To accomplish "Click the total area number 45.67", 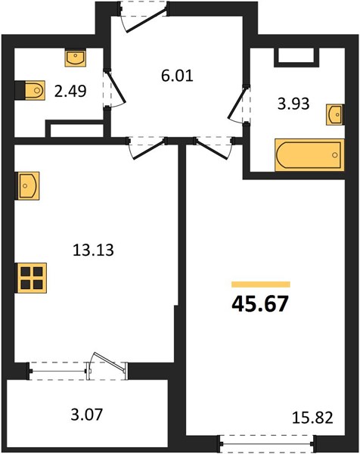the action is pyautogui.click(x=260, y=304).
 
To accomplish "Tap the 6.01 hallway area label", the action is pyautogui.click(x=177, y=76).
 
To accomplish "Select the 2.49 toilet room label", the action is pyautogui.click(x=70, y=92).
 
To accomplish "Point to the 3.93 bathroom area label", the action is pyautogui.click(x=293, y=104).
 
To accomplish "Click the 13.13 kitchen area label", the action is pyautogui.click(x=93, y=250).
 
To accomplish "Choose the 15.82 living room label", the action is pyautogui.click(x=312, y=418).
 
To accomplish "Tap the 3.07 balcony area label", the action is pyautogui.click(x=87, y=414).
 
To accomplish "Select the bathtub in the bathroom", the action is pyautogui.click(x=309, y=155).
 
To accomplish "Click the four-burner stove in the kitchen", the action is pyautogui.click(x=31, y=278).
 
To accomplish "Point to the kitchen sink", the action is pyautogui.click(x=27, y=186).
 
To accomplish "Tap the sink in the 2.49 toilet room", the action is pyautogui.click(x=76, y=58).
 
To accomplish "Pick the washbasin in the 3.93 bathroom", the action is pyautogui.click(x=335, y=115).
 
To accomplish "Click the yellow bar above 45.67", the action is pyautogui.click(x=261, y=285).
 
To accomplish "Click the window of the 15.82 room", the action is pyautogui.click(x=266, y=443).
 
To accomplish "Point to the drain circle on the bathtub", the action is pyautogui.click(x=335, y=155).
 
